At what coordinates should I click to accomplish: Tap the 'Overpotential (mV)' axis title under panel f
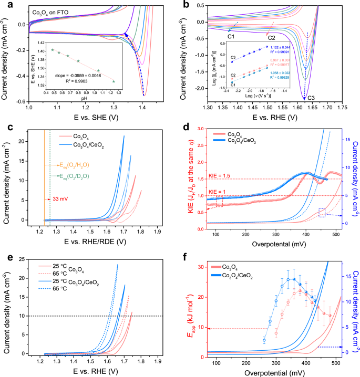pyautogui.click(x=270, y=371)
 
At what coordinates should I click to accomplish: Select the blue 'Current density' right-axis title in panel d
pyautogui.click(x=355, y=179)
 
